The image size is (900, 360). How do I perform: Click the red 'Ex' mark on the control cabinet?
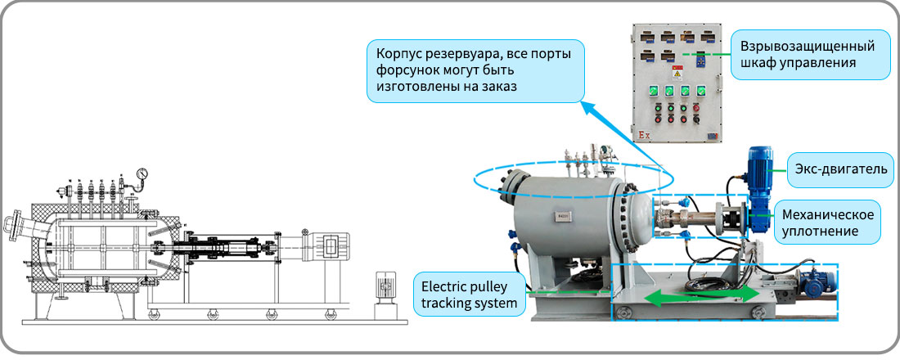pyautogui.click(x=644, y=135)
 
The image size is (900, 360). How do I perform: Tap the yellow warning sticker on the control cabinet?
pyautogui.click(x=677, y=74)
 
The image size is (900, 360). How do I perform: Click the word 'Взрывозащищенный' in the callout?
pyautogui.click(x=807, y=46)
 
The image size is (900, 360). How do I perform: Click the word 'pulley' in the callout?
pyautogui.click(x=482, y=286)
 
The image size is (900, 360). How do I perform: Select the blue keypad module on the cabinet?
pyautogui.click(x=701, y=60)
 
